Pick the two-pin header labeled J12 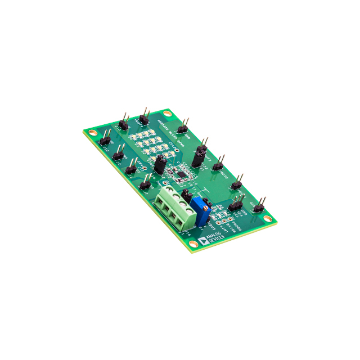pyautogui.click(x=105, y=141)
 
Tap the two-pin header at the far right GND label pyautogui.click(x=259, y=207)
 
